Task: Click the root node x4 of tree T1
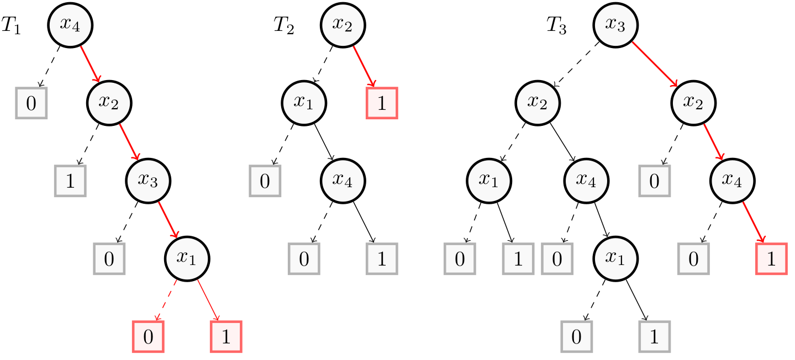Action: point(70,25)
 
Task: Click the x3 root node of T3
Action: point(615,25)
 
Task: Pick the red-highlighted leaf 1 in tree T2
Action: point(382,103)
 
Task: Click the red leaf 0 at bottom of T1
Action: point(148,337)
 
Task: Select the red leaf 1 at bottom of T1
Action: point(226,337)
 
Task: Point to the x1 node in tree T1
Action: point(187,258)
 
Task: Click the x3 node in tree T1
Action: point(148,181)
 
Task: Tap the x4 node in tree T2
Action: point(343,181)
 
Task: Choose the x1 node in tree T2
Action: point(304,103)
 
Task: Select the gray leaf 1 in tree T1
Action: point(70,181)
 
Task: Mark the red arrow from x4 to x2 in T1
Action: point(89,63)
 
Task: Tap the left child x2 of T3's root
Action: point(538,103)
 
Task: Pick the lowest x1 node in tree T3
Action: point(615,258)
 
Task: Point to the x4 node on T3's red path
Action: point(732,181)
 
